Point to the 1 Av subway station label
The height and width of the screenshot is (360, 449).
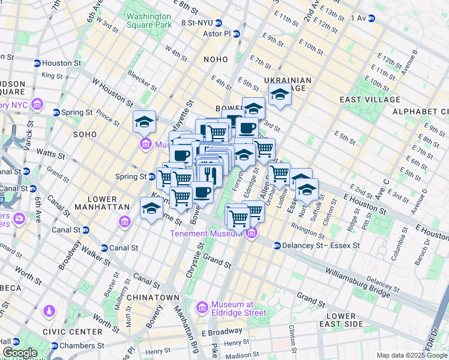[x=358, y=18]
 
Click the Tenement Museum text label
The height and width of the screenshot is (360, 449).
[x=208, y=233]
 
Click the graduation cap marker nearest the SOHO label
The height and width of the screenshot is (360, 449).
[x=144, y=122]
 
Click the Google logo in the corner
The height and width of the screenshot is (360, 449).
[x=20, y=353]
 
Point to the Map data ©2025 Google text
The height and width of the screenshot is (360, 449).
[x=411, y=355]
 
